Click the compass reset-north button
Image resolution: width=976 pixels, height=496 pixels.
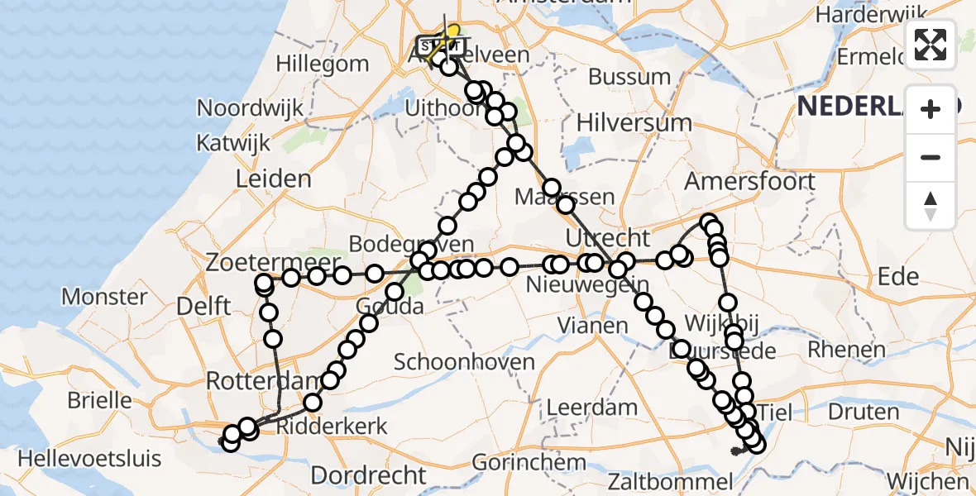pos(931,205)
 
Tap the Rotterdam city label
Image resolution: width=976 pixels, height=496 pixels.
pos(262,382)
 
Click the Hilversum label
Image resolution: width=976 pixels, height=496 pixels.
pos(634,123)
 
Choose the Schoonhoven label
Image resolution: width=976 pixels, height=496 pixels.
pos(463,362)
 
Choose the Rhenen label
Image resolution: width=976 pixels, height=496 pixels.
pos(846,349)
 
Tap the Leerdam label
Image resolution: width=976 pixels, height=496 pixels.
pos(591,408)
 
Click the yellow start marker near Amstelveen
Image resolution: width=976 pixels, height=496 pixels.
pos(452,31)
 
